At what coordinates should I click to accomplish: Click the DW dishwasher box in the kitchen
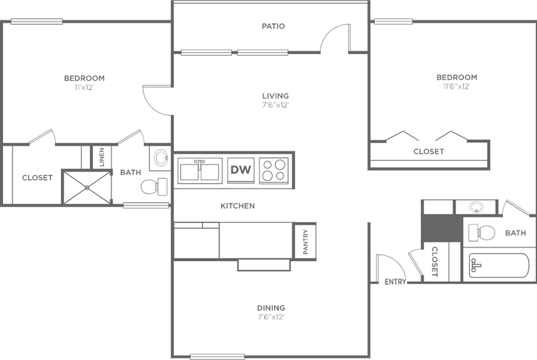point(241,170)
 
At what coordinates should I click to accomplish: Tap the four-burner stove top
point(274,170)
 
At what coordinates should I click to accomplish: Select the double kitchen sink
point(200,171)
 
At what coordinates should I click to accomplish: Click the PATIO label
point(273,26)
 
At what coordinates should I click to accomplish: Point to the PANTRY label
point(306,241)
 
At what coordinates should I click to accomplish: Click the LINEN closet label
point(101,157)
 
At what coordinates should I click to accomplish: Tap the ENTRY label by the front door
point(395,282)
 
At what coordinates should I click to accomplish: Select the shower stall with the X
point(87,188)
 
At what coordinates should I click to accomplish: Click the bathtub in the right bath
point(499,266)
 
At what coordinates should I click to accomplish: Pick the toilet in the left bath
point(154,187)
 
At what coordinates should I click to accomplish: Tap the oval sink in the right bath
point(476,207)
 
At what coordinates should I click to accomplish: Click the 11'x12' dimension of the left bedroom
point(84,87)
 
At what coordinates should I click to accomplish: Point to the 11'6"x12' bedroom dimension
point(456,86)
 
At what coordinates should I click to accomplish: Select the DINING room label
point(271,307)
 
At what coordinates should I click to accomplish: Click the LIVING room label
point(275,96)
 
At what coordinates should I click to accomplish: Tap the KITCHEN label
point(238,206)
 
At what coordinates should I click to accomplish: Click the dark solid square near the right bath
point(441,228)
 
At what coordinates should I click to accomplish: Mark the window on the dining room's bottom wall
point(217,357)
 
